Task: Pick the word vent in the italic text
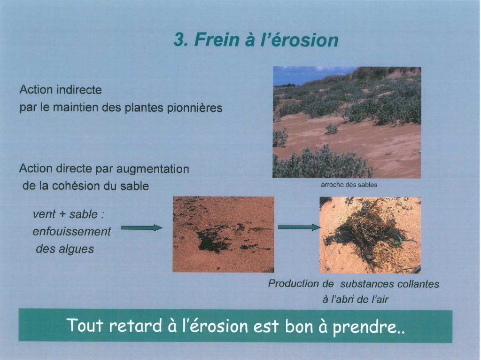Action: pos(44,214)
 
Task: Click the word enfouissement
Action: pos(72,231)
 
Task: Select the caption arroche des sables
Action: pos(349,185)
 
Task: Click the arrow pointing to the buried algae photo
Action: pos(141,227)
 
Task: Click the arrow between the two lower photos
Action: pos(299,227)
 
